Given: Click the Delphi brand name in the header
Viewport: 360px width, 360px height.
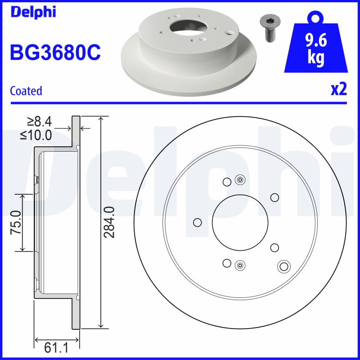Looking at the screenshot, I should (x=33, y=12).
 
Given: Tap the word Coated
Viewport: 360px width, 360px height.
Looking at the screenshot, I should (x=26, y=91).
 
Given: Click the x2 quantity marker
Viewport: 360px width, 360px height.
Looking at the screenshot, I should (x=339, y=90).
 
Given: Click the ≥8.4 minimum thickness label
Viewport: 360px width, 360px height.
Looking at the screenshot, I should (x=39, y=121).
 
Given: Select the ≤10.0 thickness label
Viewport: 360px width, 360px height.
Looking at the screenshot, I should (x=36, y=135).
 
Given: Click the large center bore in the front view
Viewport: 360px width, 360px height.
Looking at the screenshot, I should (x=240, y=222).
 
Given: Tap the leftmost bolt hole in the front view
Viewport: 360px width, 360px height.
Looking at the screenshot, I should (x=197, y=222).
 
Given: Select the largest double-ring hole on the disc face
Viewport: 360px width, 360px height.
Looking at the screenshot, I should (x=283, y=266).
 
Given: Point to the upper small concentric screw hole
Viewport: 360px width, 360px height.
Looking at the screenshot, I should (x=240, y=180).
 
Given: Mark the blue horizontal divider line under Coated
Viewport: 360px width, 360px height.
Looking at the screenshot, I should (x=180, y=103).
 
